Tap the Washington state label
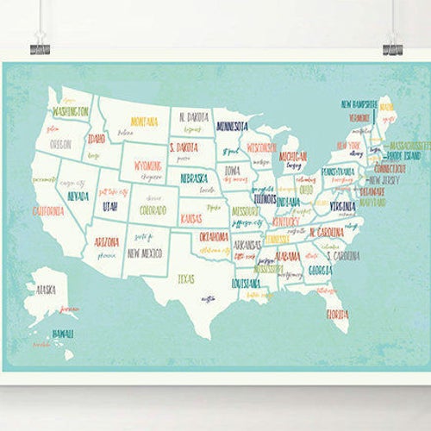coord(71,111)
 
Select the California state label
coord(48,210)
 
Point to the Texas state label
coord(186,278)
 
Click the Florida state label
coord(338,315)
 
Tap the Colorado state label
coord(153,208)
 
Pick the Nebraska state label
coord(197,178)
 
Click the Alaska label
coord(46,290)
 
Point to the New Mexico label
coord(145,253)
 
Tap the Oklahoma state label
coord(214,236)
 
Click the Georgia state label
coord(320,270)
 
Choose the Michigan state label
coord(293,156)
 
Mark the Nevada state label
coord(78,196)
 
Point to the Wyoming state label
coord(148,166)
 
